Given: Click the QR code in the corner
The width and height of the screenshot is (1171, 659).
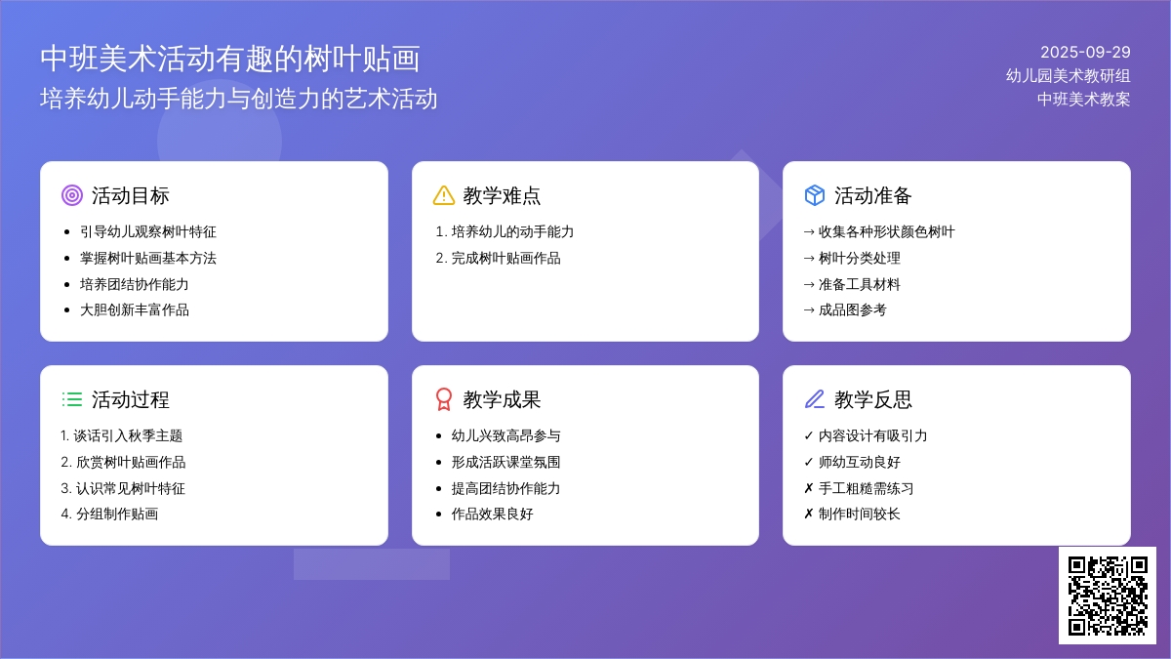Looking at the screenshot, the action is [1108, 596].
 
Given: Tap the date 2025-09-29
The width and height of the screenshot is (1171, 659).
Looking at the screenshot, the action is [1085, 53].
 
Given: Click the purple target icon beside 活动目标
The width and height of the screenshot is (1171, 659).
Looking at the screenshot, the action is [72, 195].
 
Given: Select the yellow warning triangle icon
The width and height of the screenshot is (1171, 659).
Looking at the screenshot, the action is [444, 195].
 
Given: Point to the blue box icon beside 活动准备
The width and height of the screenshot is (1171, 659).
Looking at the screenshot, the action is [815, 195].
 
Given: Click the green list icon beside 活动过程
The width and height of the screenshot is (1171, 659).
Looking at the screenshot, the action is [72, 399].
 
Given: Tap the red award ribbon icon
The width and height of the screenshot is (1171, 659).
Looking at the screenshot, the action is [444, 399].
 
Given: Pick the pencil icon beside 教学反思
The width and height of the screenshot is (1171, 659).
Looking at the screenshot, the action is [815, 399].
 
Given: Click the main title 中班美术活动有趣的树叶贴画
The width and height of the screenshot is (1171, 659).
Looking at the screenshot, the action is [230, 59].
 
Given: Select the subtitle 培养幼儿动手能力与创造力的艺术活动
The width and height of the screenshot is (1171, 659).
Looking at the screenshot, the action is [239, 99].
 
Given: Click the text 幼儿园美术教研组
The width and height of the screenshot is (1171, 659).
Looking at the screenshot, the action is [1068, 76].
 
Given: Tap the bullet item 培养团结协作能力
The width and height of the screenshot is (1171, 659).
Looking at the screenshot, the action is [135, 284].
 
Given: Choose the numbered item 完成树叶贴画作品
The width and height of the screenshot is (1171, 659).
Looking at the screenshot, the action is [505, 259].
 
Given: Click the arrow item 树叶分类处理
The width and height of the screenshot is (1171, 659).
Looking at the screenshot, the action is [860, 259].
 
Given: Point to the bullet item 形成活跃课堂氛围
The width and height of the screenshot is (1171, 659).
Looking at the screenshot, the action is [505, 463].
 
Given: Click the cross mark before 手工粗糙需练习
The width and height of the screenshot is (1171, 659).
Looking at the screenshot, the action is [809, 488].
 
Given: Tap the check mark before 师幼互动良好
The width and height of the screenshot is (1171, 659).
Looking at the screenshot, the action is [809, 463].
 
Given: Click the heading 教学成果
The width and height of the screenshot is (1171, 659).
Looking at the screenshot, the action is [502, 399].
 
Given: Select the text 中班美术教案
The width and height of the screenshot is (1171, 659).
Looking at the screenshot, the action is [1084, 100].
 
